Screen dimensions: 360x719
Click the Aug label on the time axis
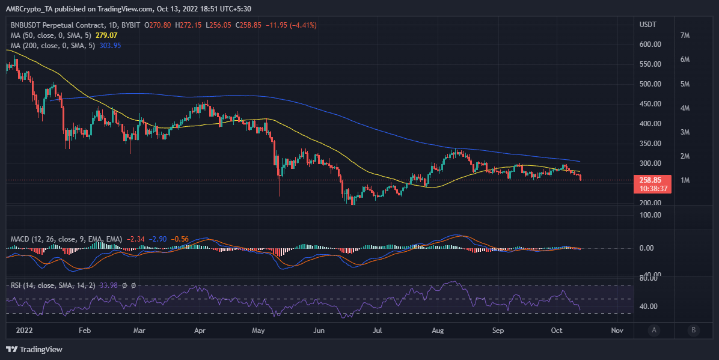coord(438,330)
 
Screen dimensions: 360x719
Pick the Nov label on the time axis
coord(616,330)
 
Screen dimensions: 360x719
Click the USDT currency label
coord(648,25)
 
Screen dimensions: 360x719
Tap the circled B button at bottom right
coord(693,329)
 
